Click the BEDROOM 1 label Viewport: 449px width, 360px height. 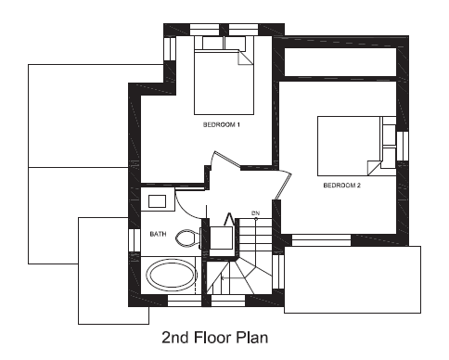coord(222,124)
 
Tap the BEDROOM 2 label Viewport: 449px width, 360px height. coord(342,186)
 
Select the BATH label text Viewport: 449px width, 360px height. coord(158,234)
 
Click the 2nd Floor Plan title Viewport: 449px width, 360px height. coord(215,338)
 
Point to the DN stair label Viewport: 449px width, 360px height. coord(255,213)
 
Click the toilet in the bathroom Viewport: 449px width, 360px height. coord(188,238)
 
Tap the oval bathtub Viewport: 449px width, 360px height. coord(172,275)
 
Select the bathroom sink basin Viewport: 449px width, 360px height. coord(157,201)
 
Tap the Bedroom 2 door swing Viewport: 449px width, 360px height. coord(284,185)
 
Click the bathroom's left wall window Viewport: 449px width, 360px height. coord(135,240)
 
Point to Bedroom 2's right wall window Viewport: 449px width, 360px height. coord(403,146)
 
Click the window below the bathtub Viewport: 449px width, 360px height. coord(185,301)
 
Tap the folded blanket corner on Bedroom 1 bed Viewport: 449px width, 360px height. coord(246,58)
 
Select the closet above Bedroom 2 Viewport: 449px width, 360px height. coord(340,62)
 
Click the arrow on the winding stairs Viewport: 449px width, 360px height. coord(235,277)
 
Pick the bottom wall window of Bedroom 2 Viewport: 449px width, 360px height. coord(321,240)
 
